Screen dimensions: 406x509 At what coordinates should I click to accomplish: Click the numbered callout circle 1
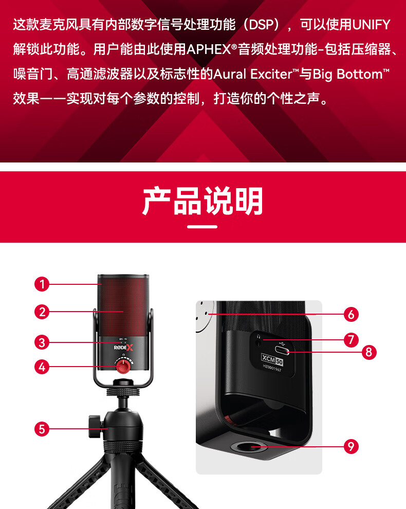click(42, 284)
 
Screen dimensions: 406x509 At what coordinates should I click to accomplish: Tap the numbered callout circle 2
click(42, 312)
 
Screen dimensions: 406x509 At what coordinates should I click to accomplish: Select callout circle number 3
click(42, 342)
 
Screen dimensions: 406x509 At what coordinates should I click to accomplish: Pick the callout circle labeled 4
click(42, 367)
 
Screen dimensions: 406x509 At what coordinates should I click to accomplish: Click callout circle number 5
click(42, 429)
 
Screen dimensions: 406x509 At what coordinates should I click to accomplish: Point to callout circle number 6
click(351, 314)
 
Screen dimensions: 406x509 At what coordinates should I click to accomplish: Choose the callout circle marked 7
click(351, 340)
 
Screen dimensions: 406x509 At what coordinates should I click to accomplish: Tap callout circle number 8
click(369, 352)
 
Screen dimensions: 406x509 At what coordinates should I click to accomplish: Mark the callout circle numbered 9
click(351, 446)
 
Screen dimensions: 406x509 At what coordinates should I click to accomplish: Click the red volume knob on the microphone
click(123, 366)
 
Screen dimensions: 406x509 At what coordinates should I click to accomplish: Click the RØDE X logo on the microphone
click(123, 348)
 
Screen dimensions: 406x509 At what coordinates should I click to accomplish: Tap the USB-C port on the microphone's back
click(282, 351)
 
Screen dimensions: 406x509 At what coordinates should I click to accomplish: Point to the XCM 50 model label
click(272, 359)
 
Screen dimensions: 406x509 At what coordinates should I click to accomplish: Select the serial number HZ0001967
click(272, 368)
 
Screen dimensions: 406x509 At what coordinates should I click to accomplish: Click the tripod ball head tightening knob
click(94, 422)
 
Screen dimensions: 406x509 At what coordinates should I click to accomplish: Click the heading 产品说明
click(202, 201)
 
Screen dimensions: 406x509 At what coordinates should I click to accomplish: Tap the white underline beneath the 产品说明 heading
click(202, 227)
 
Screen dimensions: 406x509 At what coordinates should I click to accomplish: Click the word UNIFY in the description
click(371, 25)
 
